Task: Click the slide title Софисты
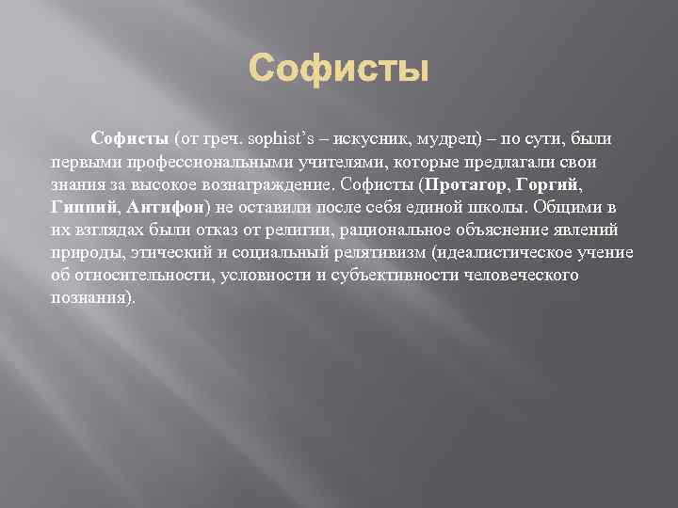(339, 69)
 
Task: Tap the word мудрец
(447, 139)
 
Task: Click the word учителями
(310, 162)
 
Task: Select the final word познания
(93, 297)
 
